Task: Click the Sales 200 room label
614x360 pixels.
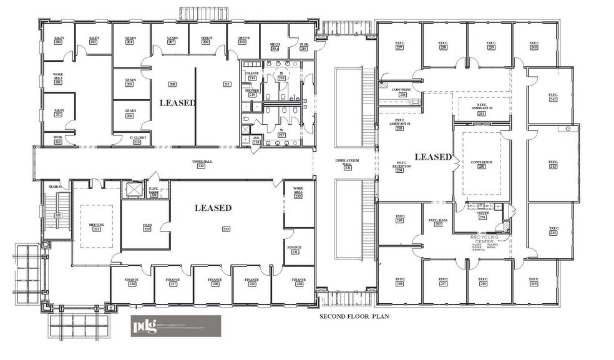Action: click(x=59, y=40)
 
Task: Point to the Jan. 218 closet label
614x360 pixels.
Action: click(x=256, y=140)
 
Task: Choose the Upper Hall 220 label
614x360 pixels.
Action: click(x=201, y=164)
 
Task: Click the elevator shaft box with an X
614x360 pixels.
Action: click(x=134, y=188)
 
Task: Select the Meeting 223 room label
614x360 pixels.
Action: click(x=97, y=227)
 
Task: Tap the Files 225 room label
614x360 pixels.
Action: click(x=147, y=227)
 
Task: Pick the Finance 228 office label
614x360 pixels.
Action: click(x=215, y=281)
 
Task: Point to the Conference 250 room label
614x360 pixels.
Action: click(x=481, y=164)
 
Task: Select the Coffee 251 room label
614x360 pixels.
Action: click(x=482, y=215)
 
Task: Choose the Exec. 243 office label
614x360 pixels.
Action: click(x=552, y=164)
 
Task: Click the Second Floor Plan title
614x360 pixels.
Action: click(x=354, y=316)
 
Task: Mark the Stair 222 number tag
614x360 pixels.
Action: click(x=57, y=214)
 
